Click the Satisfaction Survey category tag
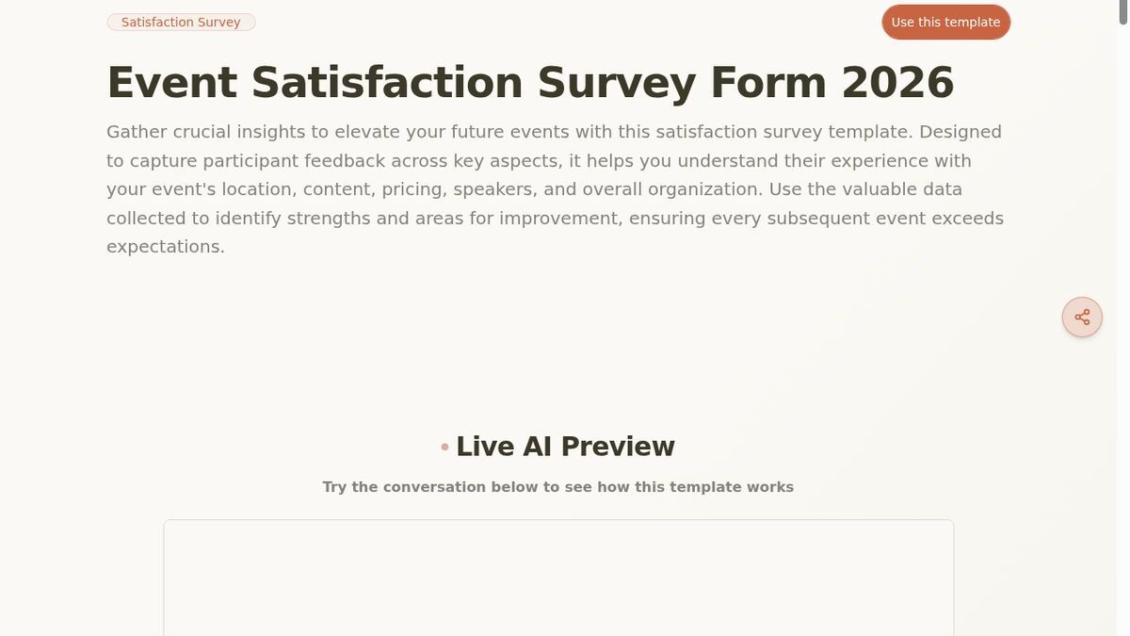click(181, 22)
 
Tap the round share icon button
click(1082, 317)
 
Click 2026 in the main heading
click(897, 82)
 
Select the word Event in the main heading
click(171, 82)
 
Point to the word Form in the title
click(768, 82)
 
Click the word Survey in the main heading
click(617, 82)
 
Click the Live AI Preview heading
click(565, 447)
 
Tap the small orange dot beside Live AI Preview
click(444, 447)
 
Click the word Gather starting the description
click(136, 132)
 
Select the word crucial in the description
click(202, 132)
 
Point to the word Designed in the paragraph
click(960, 132)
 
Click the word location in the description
click(256, 189)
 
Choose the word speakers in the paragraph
click(495, 189)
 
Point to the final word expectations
click(165, 247)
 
